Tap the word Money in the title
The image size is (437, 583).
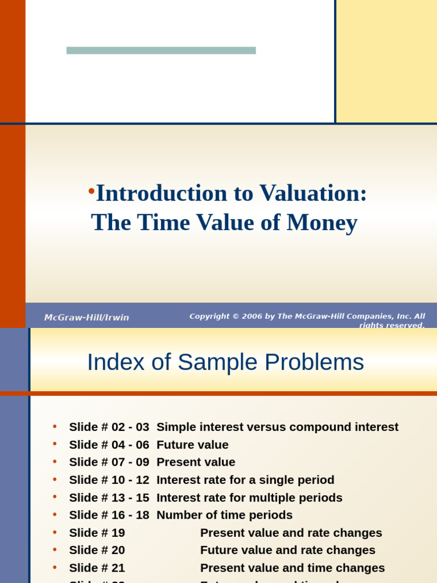(x=322, y=222)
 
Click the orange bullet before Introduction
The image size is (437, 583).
(x=91, y=191)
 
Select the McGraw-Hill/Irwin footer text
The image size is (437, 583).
(x=86, y=318)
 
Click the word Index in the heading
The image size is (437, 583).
(x=110, y=362)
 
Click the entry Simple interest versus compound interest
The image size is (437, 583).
(x=277, y=427)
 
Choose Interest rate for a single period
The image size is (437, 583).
(x=245, y=480)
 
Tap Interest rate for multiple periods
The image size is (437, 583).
(x=249, y=498)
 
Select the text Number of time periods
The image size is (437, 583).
(x=224, y=515)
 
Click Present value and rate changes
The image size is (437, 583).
(x=291, y=533)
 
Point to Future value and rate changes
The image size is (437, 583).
(x=287, y=551)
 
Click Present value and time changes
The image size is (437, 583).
(x=292, y=568)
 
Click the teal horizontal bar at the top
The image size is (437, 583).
(x=161, y=50)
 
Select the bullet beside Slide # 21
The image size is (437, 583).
(x=55, y=568)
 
